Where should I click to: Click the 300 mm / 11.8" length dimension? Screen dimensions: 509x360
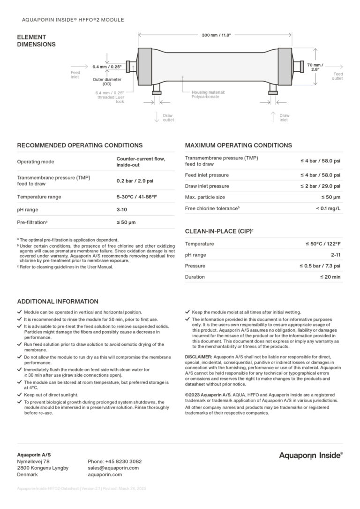click(x=216, y=35)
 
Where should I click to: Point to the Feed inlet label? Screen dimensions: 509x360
click(x=75, y=75)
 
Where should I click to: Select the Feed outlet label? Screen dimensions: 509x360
click(x=337, y=76)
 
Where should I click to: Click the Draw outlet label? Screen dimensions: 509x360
click(x=168, y=117)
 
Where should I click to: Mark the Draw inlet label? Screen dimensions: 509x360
click(x=284, y=117)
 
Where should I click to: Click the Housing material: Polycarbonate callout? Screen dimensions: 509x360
click(x=208, y=94)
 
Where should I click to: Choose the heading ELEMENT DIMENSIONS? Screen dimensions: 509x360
click(x=36, y=41)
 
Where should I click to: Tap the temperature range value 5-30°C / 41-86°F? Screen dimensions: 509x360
click(x=136, y=197)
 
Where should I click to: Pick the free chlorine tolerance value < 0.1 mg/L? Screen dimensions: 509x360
click(x=328, y=208)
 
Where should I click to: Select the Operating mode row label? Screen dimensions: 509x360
click(x=36, y=162)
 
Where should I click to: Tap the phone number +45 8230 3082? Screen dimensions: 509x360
click(x=114, y=461)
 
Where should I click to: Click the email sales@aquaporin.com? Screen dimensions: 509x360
click(x=113, y=468)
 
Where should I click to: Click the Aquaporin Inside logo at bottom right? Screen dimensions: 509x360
click(x=311, y=455)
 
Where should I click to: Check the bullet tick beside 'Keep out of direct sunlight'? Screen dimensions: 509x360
click(x=19, y=395)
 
